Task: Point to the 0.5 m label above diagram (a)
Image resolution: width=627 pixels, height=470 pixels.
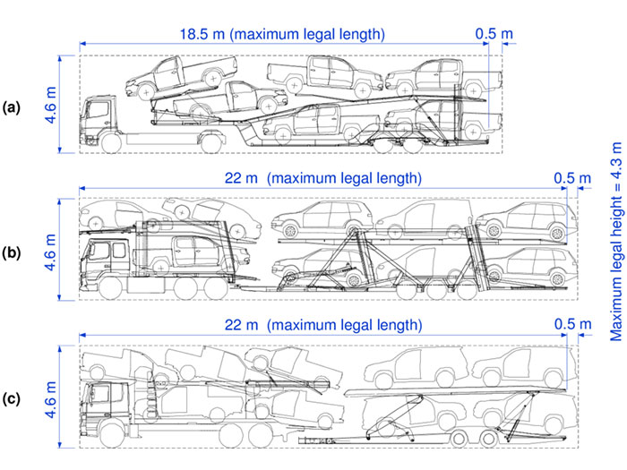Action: tap(494, 35)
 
